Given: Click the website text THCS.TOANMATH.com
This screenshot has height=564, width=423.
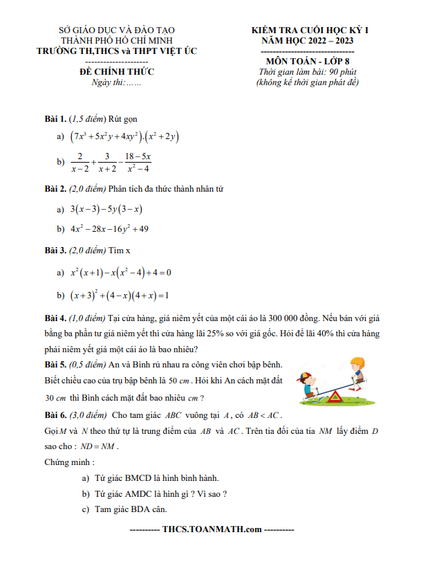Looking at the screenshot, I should [x=211, y=530].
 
